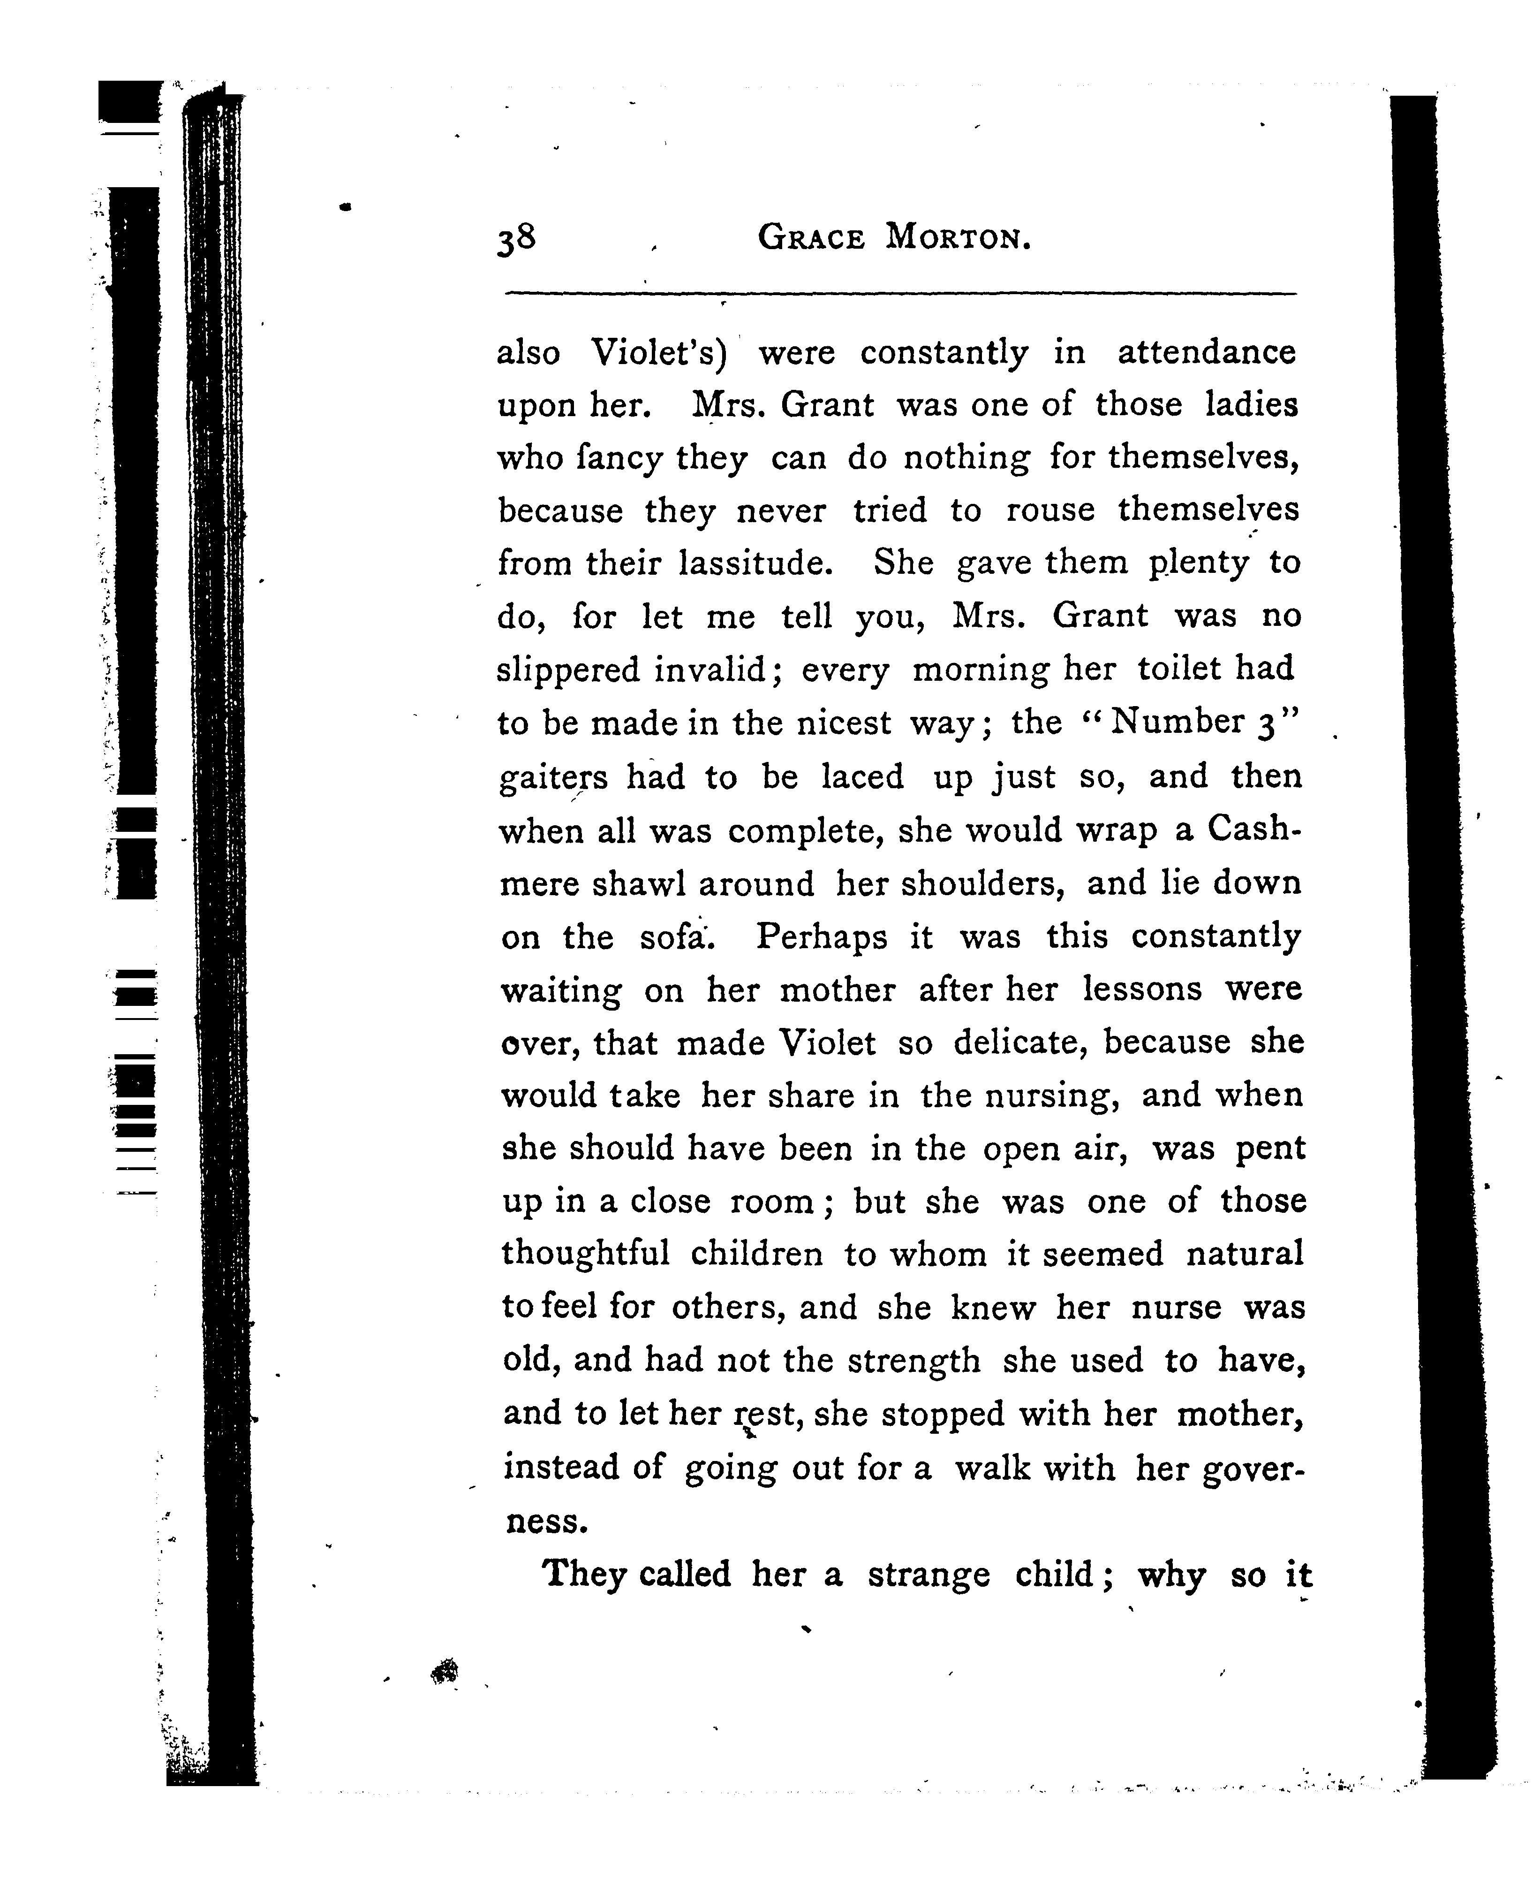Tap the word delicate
[x=1020, y=1043]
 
